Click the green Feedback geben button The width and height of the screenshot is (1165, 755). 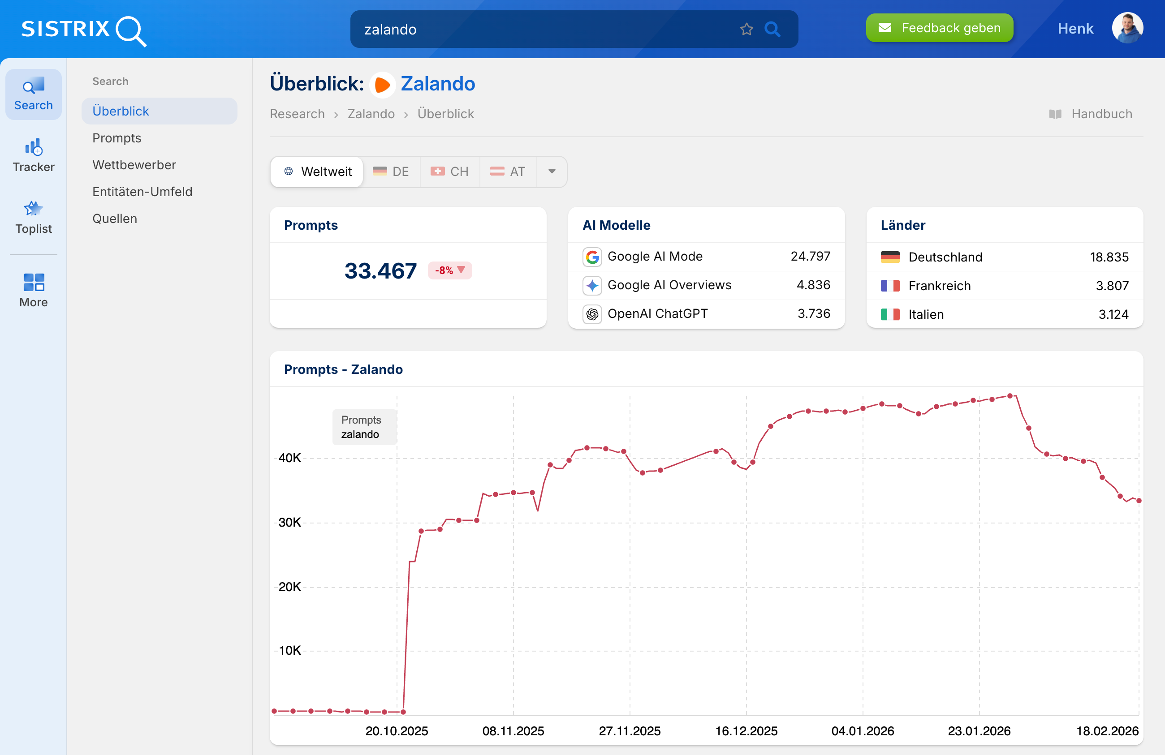coord(939,28)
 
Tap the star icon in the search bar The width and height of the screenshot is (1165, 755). coord(746,30)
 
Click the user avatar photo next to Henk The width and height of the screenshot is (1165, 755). coord(1127,28)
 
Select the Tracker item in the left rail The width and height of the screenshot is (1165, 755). coord(33,155)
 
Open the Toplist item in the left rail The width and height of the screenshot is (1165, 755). coord(33,217)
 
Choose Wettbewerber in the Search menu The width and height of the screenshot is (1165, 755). coord(134,165)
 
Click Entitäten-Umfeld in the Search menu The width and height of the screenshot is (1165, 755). coord(142,192)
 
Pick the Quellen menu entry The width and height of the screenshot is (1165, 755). coord(115,219)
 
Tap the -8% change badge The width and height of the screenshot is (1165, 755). coord(449,270)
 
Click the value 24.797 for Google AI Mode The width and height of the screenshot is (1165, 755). coord(810,257)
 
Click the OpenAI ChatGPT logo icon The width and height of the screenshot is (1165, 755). coord(592,314)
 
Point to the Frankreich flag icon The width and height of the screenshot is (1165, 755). coord(889,286)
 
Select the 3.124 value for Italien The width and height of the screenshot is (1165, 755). coord(1113,314)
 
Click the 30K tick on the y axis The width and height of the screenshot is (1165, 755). coord(289,523)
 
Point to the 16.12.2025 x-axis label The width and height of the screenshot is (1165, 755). coord(746,731)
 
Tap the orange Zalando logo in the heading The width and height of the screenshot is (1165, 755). coord(382,85)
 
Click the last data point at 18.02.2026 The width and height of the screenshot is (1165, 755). coord(1139,501)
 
